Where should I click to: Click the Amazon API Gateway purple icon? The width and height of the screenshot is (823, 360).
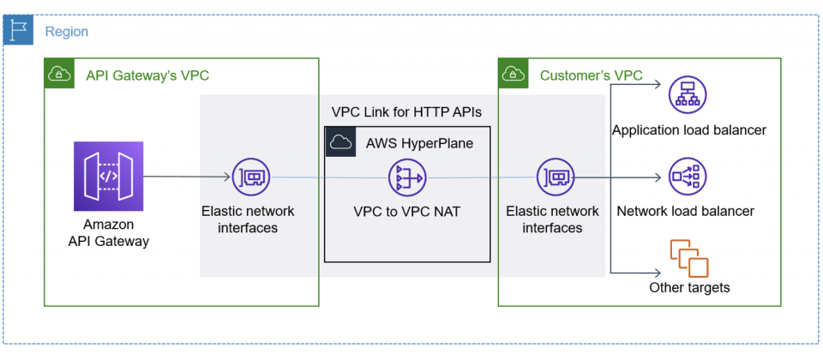coord(109,177)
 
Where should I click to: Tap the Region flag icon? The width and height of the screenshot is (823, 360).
coord(17,31)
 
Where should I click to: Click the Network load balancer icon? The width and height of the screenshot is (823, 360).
coord(688,177)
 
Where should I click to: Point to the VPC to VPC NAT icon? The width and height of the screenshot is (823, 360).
coord(407,177)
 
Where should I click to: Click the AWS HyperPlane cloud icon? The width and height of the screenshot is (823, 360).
coord(340,142)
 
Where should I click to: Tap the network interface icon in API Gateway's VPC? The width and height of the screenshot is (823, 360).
coord(251,177)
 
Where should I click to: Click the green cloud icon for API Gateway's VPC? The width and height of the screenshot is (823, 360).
coord(59,74)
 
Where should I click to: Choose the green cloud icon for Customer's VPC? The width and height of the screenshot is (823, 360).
coord(514,74)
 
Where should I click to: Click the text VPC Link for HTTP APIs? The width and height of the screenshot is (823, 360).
coord(406,111)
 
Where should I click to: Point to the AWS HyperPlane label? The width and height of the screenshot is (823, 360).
coord(419,143)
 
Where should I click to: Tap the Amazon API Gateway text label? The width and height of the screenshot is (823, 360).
coord(109,232)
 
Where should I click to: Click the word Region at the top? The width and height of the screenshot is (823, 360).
coord(66,32)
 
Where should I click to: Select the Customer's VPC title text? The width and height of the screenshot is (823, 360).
coord(591,75)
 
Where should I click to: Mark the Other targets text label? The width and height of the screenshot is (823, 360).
coord(689,288)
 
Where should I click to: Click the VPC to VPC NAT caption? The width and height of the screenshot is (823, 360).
coord(407,210)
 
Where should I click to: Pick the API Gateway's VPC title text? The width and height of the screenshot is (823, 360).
coord(147,75)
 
